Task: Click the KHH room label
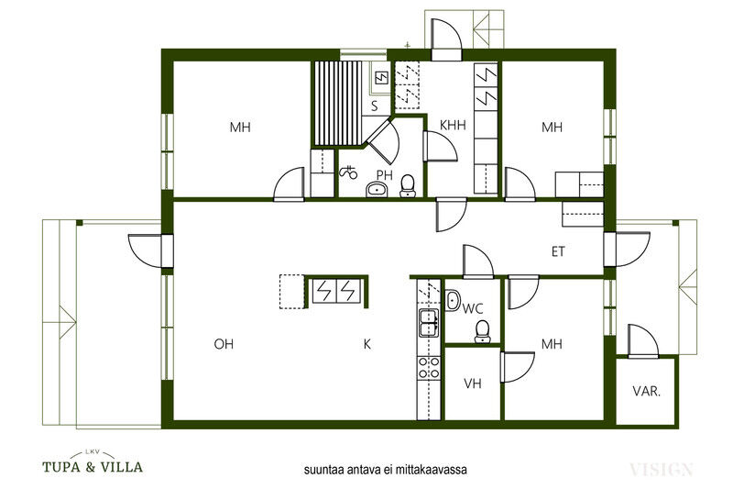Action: [x=453, y=125]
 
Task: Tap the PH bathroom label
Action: [x=385, y=175]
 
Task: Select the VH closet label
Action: [x=473, y=383]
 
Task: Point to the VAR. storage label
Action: [x=647, y=391]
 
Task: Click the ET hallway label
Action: [x=558, y=251]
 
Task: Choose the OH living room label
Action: [x=224, y=344]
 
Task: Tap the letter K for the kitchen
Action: [x=367, y=344]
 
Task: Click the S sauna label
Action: [x=375, y=106]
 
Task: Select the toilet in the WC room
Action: [x=483, y=330]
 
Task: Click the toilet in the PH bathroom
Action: [x=408, y=185]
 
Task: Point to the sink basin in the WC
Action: [x=453, y=300]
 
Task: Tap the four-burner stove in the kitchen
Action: [x=429, y=367]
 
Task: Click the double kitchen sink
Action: [x=429, y=323]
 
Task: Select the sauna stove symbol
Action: [x=381, y=77]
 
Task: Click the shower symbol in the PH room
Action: [x=348, y=172]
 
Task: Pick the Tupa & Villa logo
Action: [x=93, y=462]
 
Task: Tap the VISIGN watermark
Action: [x=661, y=469]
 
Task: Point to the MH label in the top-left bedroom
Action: [x=240, y=128]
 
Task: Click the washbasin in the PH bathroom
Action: [x=377, y=190]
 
